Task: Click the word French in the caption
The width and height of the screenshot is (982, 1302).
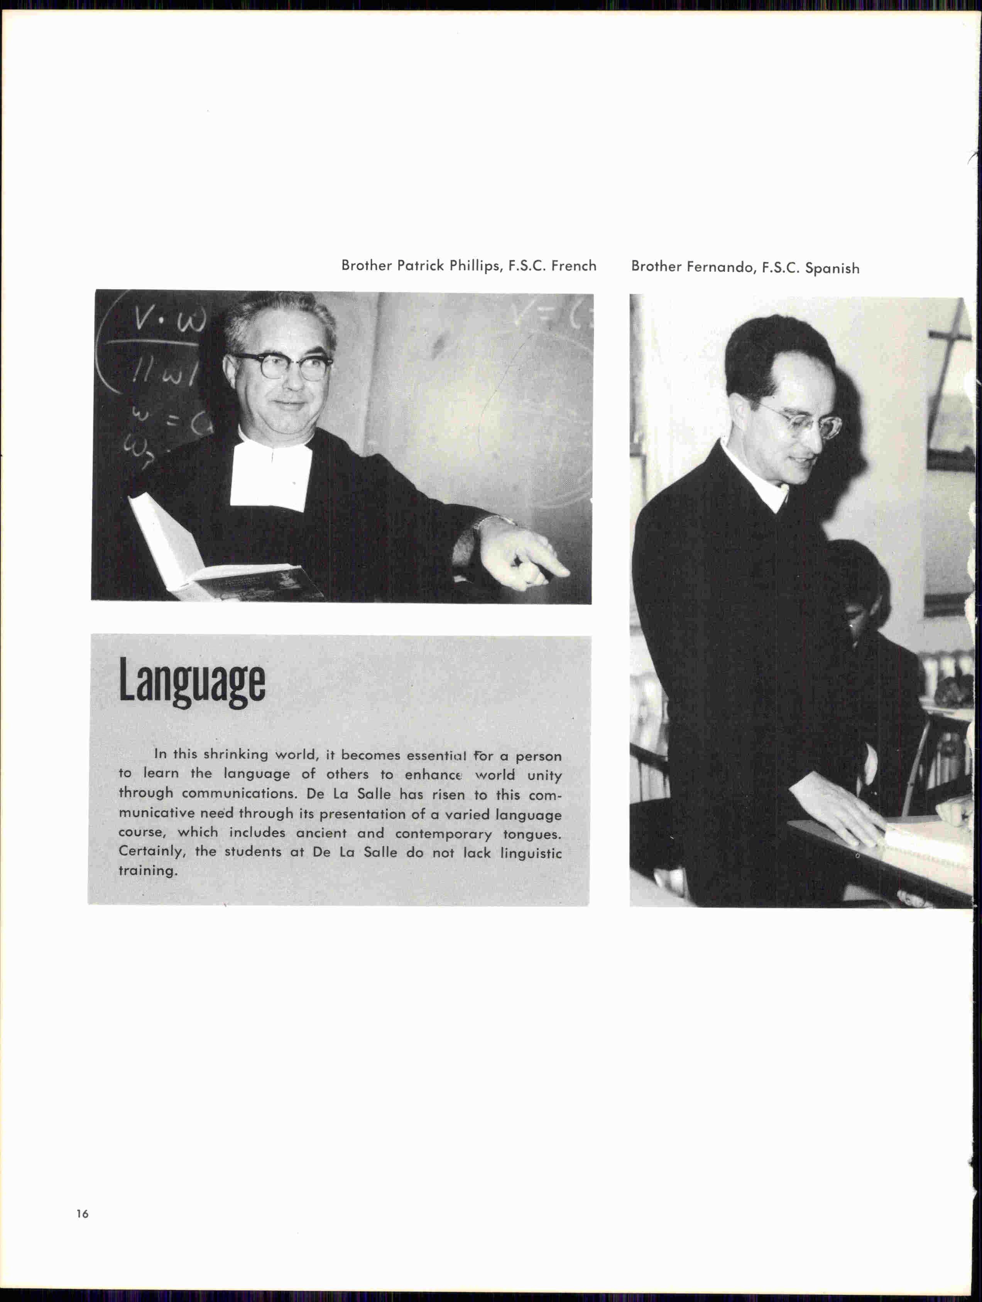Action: click(x=574, y=266)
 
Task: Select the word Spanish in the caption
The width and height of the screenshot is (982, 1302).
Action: click(x=832, y=268)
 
